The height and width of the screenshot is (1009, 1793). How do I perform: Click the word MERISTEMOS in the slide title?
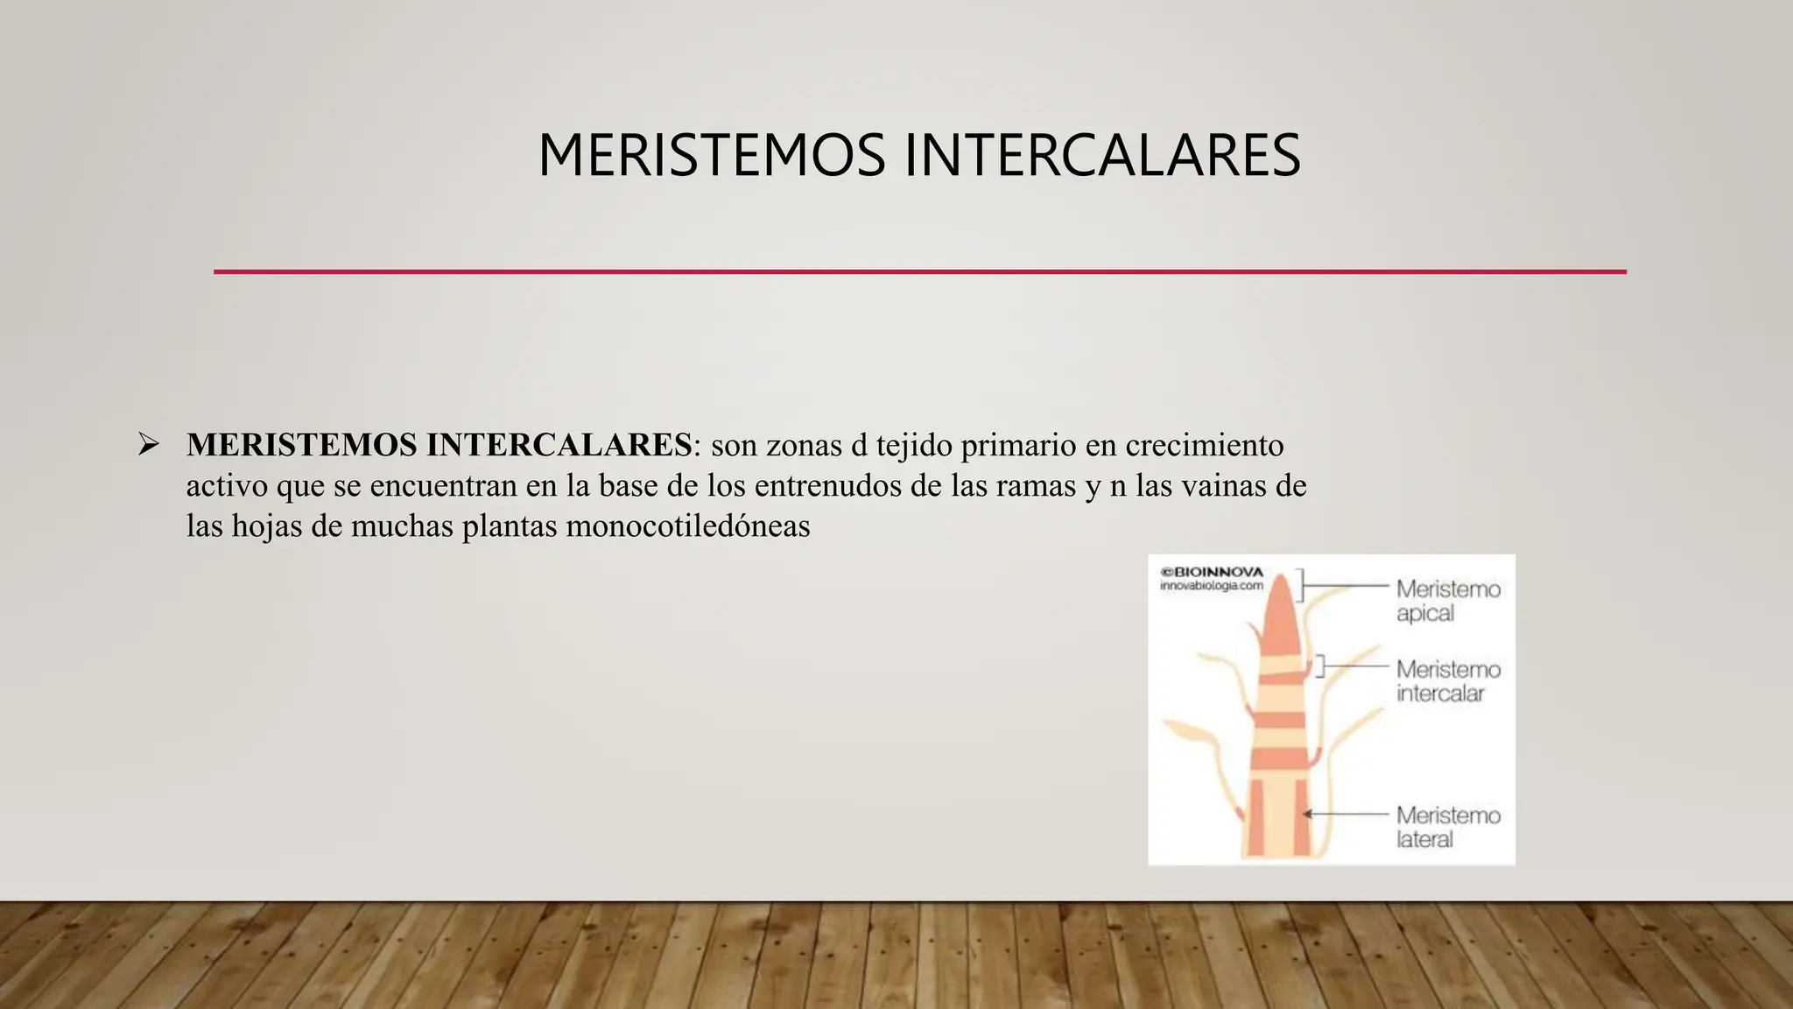712,156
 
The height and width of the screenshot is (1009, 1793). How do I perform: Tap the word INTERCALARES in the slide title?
1101,156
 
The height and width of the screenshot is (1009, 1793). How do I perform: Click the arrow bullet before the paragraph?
148,445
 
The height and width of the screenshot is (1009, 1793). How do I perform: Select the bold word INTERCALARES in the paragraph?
559,445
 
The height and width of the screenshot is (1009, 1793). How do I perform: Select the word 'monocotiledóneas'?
688,526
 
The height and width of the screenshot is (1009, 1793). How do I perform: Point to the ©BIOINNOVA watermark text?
1212,572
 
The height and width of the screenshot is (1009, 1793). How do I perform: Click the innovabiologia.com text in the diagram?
1212,585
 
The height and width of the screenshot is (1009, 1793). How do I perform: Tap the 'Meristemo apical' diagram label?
1447,600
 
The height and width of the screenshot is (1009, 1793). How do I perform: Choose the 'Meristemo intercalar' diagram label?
1448,681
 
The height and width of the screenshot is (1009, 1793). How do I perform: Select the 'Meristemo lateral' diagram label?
1448,827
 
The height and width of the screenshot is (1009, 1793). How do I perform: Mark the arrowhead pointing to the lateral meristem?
1307,814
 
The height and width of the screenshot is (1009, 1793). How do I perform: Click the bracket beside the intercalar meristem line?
1320,666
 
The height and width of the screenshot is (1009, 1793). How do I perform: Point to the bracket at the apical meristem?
1301,585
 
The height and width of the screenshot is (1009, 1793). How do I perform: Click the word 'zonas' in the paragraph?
803,445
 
